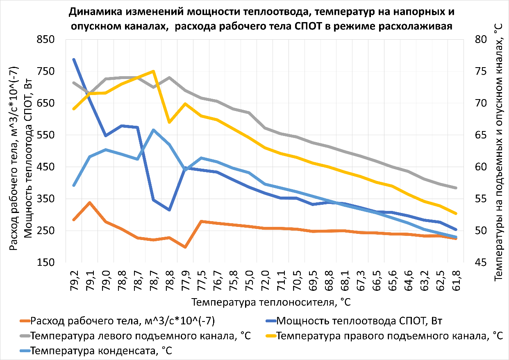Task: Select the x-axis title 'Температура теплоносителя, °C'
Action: (271, 303)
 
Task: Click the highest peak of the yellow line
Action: (153, 71)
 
